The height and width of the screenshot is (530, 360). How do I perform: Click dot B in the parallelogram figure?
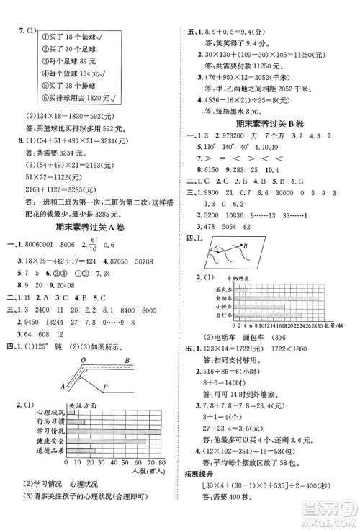(x=249, y=246)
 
